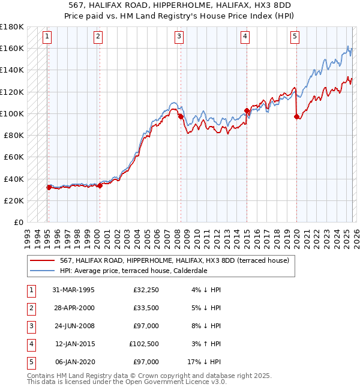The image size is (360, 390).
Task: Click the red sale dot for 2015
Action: pos(247,110)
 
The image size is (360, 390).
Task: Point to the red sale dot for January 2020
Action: pos(296,116)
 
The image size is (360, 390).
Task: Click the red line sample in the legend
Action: pos(43,260)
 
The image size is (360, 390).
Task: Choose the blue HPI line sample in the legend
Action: pos(43,271)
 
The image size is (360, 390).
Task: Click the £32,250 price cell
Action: pos(146,290)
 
